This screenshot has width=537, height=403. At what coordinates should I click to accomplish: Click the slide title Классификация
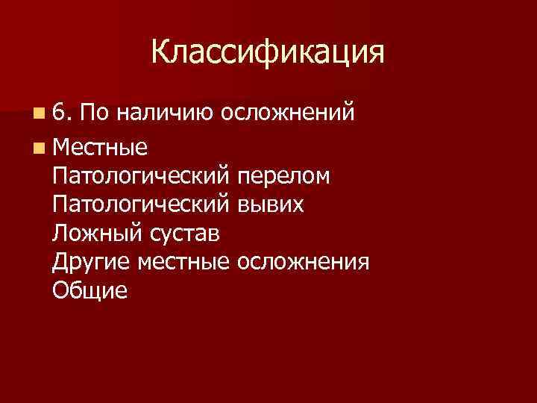tap(268, 52)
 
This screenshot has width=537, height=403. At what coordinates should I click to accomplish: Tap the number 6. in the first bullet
tap(62, 113)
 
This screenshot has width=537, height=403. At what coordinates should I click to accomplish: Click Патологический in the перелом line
tap(142, 177)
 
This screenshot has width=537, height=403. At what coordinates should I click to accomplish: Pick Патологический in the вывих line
tap(142, 206)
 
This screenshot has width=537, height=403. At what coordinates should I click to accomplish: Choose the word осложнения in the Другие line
tap(302, 263)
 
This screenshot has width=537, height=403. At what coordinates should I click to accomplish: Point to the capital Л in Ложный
tap(60, 234)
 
